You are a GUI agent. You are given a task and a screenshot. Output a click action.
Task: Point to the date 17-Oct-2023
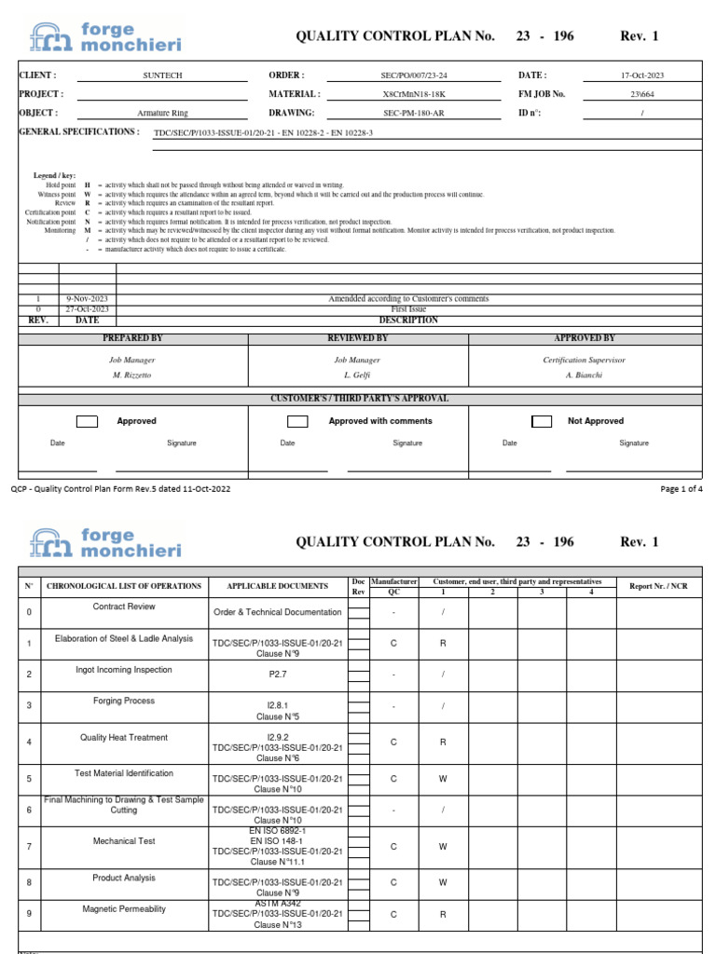pos(642,75)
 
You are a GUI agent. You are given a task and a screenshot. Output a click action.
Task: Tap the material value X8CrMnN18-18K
pos(414,94)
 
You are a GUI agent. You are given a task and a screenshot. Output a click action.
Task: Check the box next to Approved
pos(87,422)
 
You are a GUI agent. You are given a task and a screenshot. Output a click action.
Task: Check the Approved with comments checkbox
pos(297,422)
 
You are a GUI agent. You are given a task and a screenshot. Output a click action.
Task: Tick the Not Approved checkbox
pos(541,422)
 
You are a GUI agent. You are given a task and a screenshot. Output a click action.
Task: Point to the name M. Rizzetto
pos(131,375)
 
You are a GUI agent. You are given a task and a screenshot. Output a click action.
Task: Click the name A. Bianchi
pos(585,375)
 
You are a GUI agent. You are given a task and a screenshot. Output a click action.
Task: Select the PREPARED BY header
pos(131,338)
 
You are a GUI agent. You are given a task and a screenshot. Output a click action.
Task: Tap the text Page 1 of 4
pos(682,489)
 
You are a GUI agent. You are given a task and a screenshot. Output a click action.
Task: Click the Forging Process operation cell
pos(124,701)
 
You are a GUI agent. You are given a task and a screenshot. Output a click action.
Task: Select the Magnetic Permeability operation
pos(124,908)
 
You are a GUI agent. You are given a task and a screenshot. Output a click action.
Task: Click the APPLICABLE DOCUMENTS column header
pos(277,586)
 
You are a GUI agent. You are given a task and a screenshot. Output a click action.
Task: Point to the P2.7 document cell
pos(277,675)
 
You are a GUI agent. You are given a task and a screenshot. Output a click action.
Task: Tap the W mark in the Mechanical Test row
pos(443,847)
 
